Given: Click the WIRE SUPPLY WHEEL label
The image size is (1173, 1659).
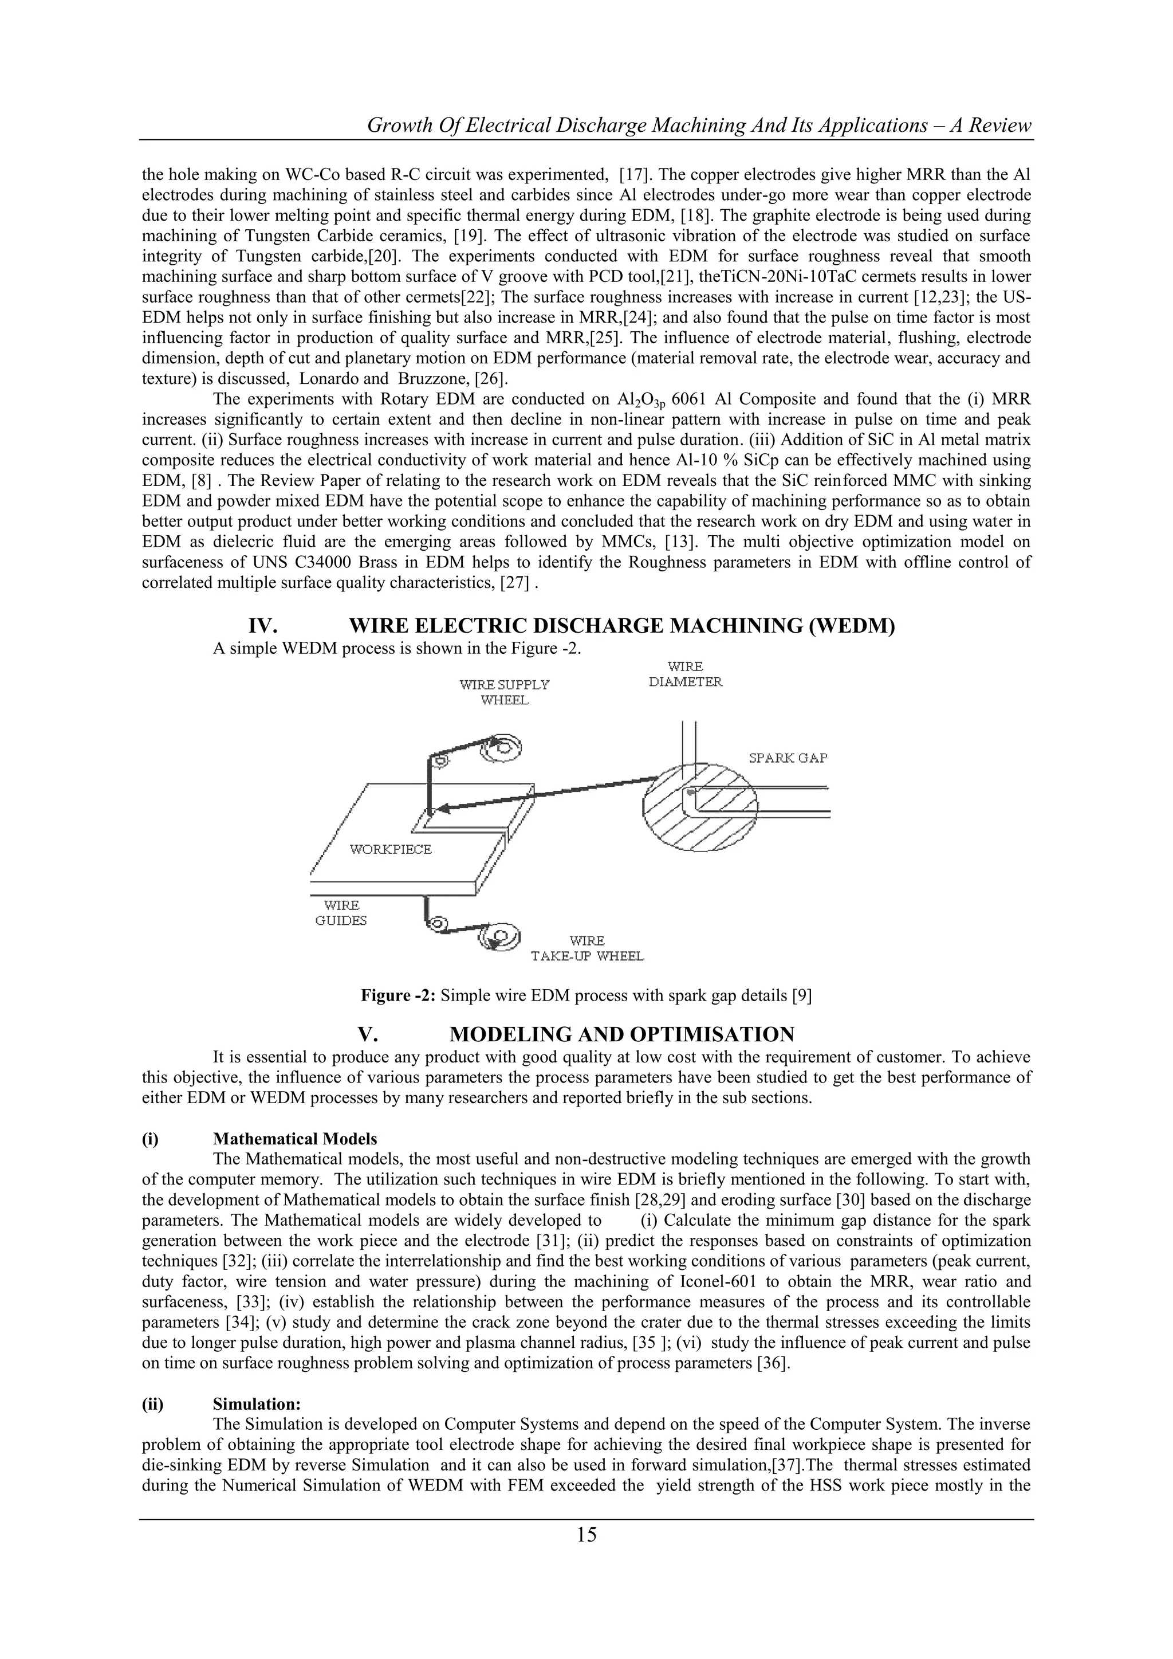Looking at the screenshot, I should pyautogui.click(x=504, y=692).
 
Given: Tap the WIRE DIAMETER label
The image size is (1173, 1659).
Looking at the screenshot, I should pyautogui.click(x=686, y=674).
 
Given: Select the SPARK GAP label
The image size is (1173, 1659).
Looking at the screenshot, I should pyautogui.click(x=788, y=758).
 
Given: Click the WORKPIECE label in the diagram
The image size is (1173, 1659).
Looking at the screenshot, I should pyautogui.click(x=391, y=849).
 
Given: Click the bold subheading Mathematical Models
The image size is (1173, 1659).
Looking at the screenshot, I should pyautogui.click(x=295, y=1139).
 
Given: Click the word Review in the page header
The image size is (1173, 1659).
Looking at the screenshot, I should pyautogui.click(x=999, y=125).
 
